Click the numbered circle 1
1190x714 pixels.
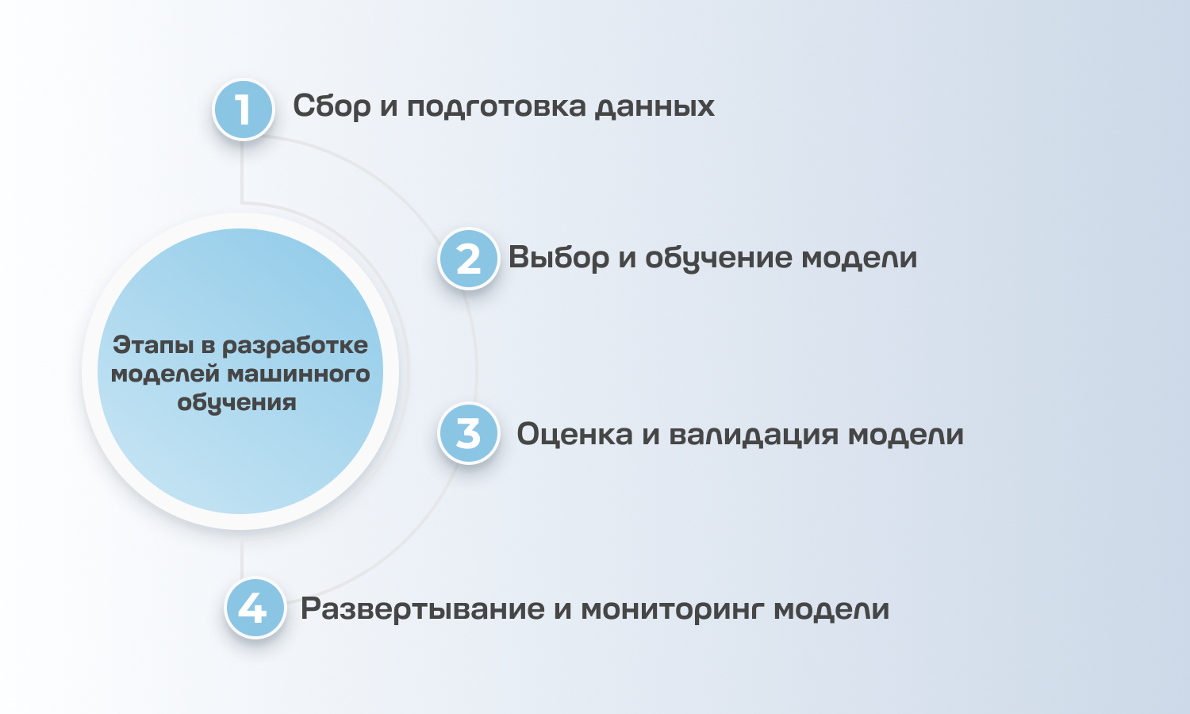click(x=244, y=109)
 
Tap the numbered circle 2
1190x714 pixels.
click(x=469, y=259)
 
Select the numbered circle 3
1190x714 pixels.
click(x=469, y=433)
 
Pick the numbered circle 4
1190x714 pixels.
click(x=255, y=608)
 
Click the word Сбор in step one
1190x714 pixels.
click(x=332, y=106)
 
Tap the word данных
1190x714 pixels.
click(x=654, y=106)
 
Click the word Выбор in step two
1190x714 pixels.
click(x=559, y=258)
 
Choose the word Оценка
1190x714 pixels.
click(x=574, y=434)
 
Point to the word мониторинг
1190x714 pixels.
click(x=674, y=609)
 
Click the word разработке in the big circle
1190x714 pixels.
click(x=295, y=346)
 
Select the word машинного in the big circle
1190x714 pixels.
click(x=298, y=374)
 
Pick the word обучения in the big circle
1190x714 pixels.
click(x=236, y=402)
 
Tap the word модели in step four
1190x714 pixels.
click(x=831, y=609)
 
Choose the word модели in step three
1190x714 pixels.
click(x=906, y=434)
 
